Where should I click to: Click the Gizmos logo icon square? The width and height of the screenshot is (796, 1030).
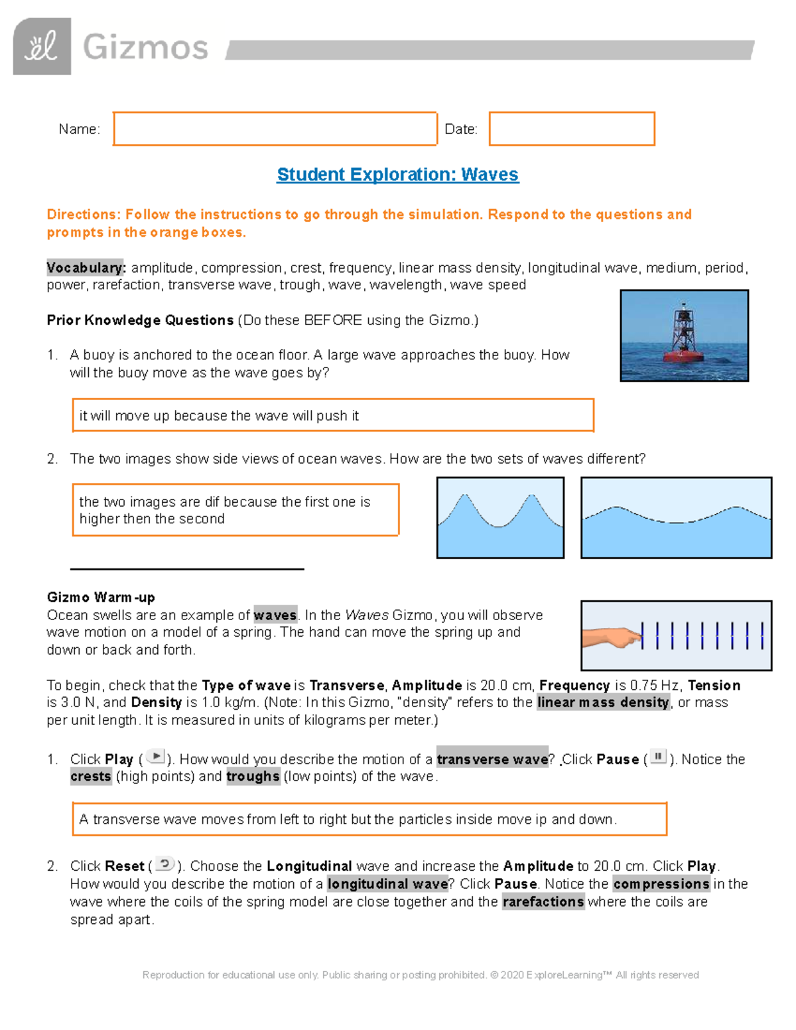pyautogui.click(x=42, y=46)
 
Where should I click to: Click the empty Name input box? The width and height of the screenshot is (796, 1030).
pyautogui.click(x=275, y=129)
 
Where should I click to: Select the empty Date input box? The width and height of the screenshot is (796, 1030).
pyautogui.click(x=572, y=129)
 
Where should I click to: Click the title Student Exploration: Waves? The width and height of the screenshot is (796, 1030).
pyautogui.click(x=397, y=174)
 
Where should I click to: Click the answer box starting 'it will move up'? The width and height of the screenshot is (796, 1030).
pyautogui.click(x=332, y=416)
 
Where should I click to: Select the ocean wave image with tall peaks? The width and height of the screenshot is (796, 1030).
pyautogui.click(x=500, y=517)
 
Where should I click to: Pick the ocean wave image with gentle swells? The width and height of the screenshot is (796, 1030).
pyautogui.click(x=676, y=517)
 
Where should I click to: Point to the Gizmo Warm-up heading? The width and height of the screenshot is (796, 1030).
pyautogui.click(x=101, y=597)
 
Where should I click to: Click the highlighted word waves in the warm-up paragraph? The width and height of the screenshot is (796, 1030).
pyautogui.click(x=275, y=615)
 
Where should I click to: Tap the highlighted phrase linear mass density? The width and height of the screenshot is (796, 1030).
pyautogui.click(x=603, y=702)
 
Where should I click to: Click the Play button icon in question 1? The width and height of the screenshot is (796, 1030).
pyautogui.click(x=155, y=757)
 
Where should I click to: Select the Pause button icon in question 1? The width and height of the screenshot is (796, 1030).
pyautogui.click(x=658, y=757)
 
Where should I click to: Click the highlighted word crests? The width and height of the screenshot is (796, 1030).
pyautogui.click(x=91, y=777)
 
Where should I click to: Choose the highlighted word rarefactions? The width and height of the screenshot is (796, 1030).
pyautogui.click(x=543, y=902)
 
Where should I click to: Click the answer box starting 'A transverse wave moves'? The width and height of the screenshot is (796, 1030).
pyautogui.click(x=369, y=820)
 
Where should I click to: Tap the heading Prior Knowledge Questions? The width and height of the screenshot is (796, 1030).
pyautogui.click(x=140, y=320)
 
